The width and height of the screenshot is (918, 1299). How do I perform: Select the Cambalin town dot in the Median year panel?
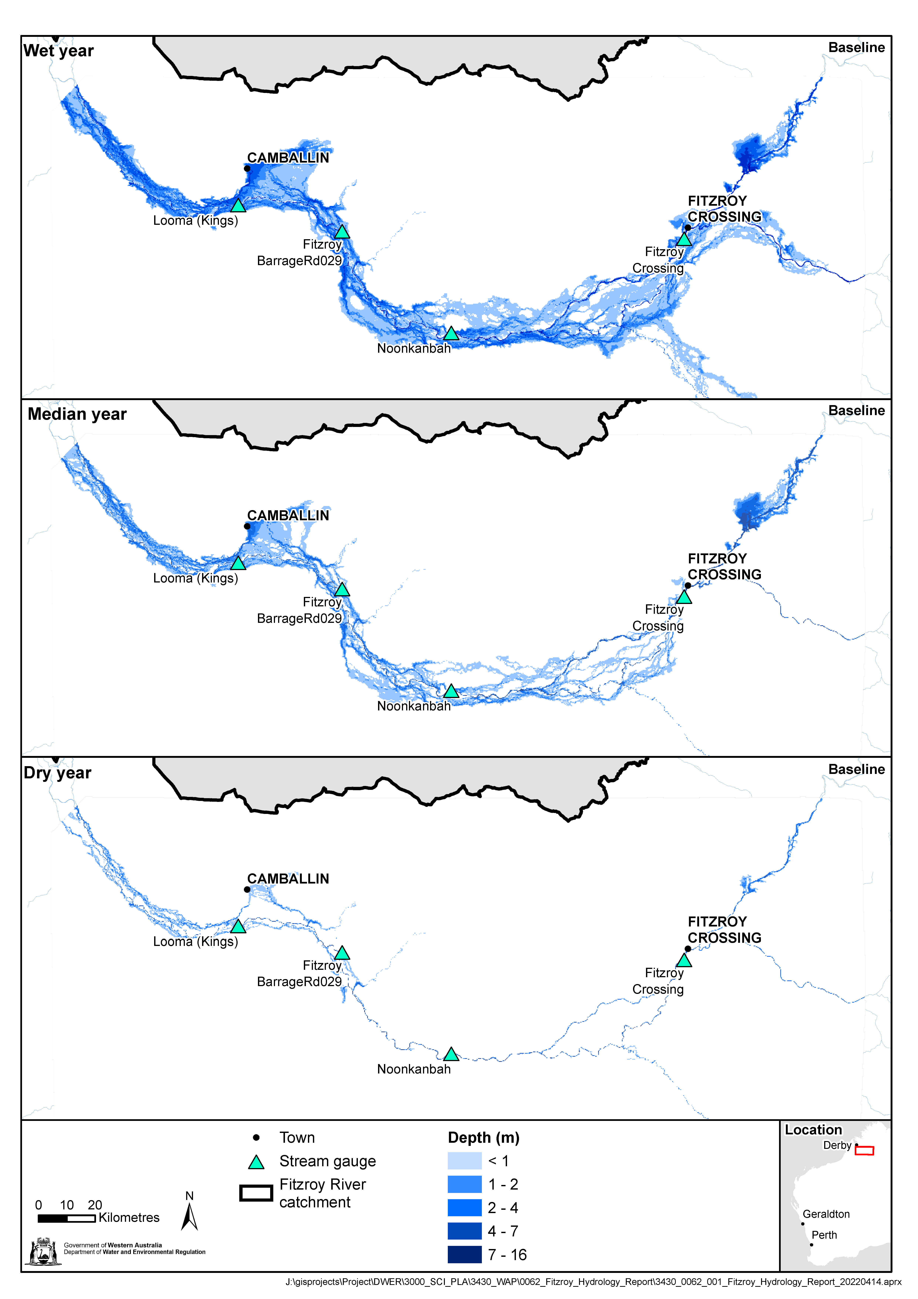(x=247, y=526)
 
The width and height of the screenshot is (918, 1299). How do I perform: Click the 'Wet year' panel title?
(x=59, y=51)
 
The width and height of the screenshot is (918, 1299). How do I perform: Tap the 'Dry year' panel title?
(x=58, y=773)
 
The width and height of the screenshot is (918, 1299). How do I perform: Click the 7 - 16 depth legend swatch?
(x=464, y=1254)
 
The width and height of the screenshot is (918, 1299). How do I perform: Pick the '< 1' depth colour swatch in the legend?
(x=464, y=1161)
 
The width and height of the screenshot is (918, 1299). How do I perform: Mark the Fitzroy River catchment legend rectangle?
(x=256, y=1193)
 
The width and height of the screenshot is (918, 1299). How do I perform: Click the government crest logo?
(x=43, y=1251)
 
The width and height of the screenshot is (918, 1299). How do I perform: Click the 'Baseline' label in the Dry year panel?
(x=856, y=769)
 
